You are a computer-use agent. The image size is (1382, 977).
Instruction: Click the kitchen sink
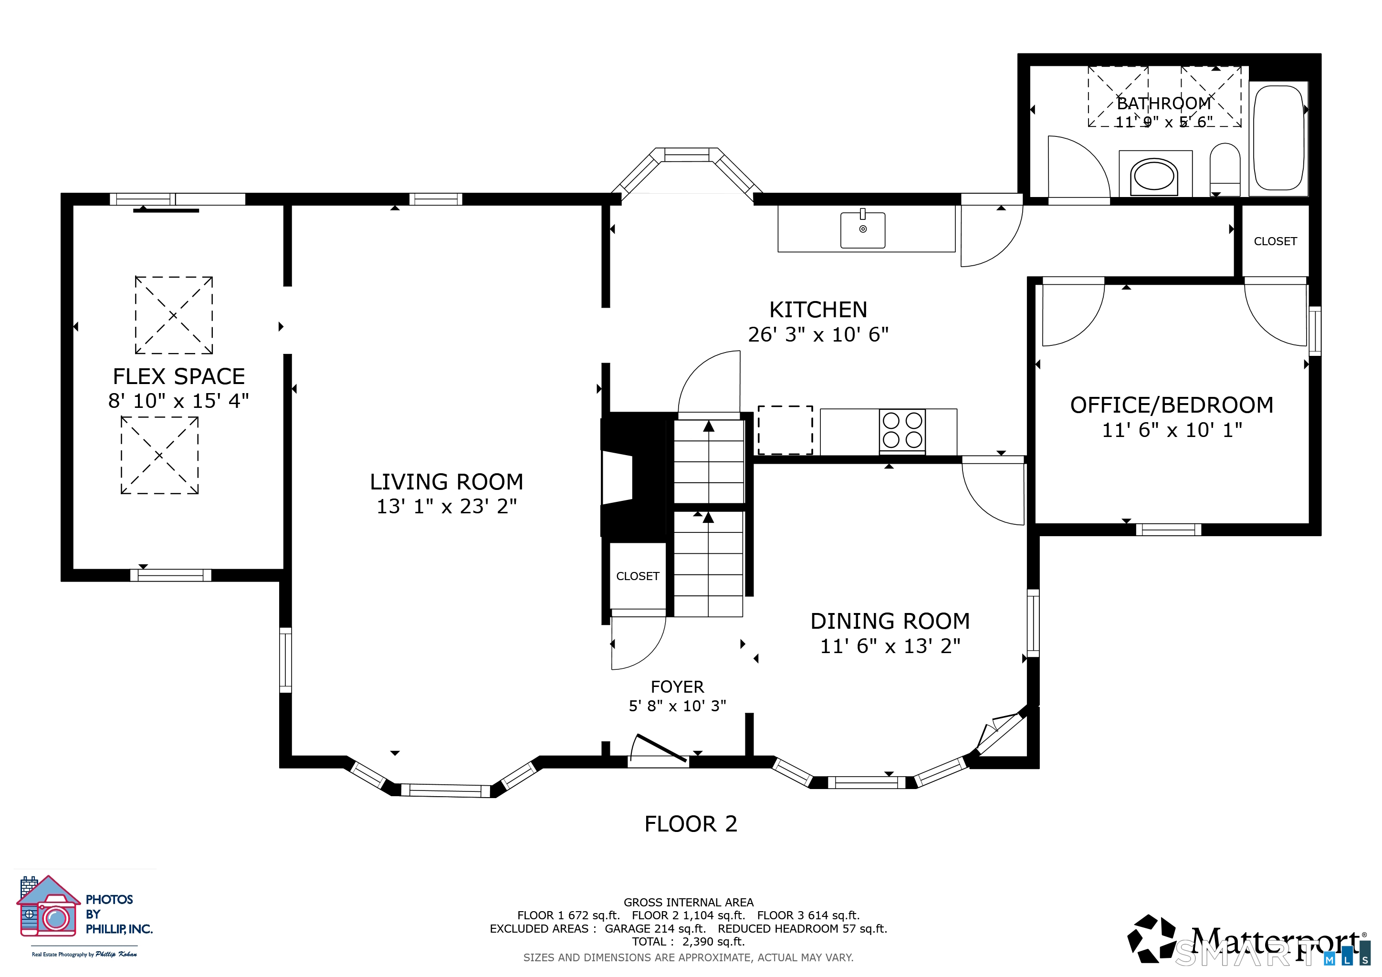click(862, 229)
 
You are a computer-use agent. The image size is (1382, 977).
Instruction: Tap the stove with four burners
click(902, 431)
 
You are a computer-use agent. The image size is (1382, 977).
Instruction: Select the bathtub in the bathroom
click(1278, 138)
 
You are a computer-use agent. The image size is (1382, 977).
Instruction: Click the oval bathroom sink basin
click(1154, 176)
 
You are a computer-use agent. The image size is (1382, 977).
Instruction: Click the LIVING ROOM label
click(447, 482)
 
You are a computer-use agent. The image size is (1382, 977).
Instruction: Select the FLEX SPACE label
click(179, 376)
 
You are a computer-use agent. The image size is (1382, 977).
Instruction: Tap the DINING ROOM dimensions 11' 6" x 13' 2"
click(890, 646)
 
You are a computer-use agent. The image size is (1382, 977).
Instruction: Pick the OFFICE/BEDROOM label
click(1172, 405)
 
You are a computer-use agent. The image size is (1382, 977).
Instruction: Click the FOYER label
click(677, 687)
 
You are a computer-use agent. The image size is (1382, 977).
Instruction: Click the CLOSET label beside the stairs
click(638, 576)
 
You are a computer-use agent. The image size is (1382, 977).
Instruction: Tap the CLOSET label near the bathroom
click(1275, 241)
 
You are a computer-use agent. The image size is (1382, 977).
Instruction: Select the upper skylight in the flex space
click(173, 315)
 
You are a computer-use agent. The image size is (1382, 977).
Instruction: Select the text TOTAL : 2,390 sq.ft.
click(689, 942)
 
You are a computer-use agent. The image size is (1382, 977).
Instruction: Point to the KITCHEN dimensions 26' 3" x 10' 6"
click(818, 334)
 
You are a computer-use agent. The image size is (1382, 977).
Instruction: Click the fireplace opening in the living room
click(618, 478)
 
